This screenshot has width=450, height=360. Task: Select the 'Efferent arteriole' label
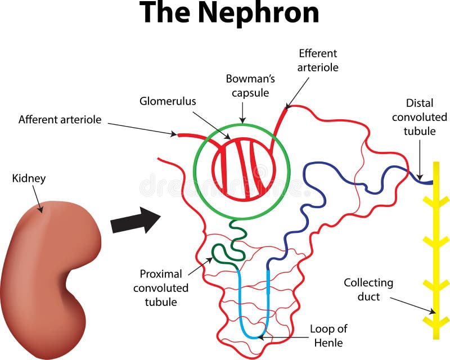pyautogui.click(x=318, y=60)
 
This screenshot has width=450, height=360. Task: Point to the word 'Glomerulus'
pyautogui.click(x=168, y=101)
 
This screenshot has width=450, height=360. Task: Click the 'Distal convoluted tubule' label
pyautogui.click(x=419, y=117)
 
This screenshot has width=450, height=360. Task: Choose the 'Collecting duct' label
pyautogui.click(x=368, y=289)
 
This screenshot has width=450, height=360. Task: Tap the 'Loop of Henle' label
pyautogui.click(x=328, y=335)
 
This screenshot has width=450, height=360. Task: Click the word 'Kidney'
pyautogui.click(x=29, y=178)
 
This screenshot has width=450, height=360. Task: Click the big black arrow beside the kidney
pyautogui.click(x=135, y=220)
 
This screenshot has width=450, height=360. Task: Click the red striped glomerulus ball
pyautogui.click(x=243, y=168)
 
